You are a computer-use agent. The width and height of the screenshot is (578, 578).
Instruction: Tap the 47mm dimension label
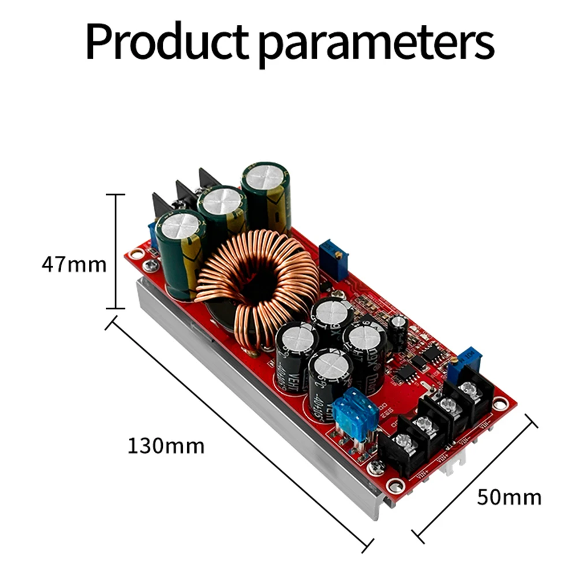click(74, 264)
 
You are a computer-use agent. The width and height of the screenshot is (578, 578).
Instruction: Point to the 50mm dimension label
click(509, 497)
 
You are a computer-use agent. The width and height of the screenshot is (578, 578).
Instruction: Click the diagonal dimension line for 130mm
click(237, 433)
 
